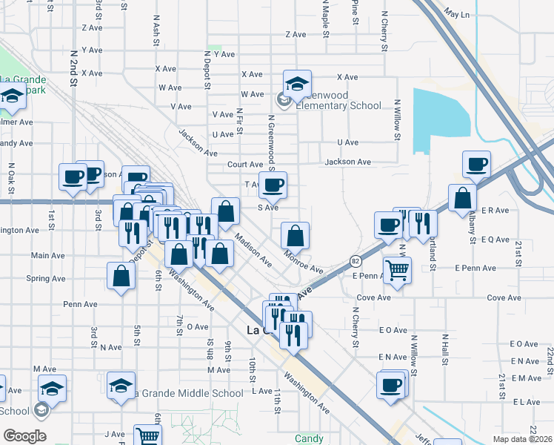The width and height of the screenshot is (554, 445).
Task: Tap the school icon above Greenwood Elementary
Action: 297,85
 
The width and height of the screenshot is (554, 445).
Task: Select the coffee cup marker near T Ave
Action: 273,186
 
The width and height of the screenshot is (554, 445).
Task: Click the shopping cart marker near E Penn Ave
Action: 398,271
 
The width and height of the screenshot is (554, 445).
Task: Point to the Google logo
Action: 24,436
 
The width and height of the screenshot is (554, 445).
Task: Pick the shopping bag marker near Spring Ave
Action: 121,277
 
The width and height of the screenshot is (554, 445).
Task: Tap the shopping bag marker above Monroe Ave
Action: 296,237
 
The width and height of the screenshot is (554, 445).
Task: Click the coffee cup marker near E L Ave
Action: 391,386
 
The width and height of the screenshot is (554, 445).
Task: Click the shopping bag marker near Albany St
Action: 462,198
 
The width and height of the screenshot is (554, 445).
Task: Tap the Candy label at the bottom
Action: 310,438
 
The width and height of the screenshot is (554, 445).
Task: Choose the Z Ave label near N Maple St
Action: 296,34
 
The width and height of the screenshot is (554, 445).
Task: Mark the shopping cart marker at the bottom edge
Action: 148,436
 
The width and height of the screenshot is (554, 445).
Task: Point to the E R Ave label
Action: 495,211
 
